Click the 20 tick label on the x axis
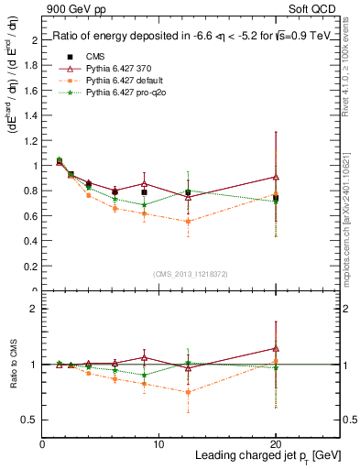(x=275, y=442)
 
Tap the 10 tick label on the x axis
(x=158, y=442)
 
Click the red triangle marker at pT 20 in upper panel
(x=276, y=177)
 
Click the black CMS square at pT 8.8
(x=145, y=192)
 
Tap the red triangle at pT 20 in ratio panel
(x=276, y=348)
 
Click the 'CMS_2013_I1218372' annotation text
(x=191, y=274)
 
